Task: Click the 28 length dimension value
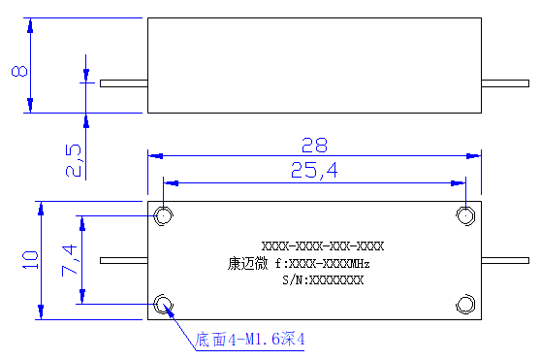[314, 145]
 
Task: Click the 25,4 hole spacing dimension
[314, 171]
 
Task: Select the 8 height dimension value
[19, 71]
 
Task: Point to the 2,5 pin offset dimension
[74, 161]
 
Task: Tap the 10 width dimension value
[30, 260]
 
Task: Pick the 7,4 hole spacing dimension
[70, 260]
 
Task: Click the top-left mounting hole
[163, 216]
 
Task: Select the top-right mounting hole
[465, 216]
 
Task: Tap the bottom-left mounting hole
[163, 305]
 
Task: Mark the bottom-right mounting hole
[465, 305]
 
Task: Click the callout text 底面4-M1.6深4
[250, 339]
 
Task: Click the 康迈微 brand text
[247, 264]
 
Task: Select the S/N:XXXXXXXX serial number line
[323, 279]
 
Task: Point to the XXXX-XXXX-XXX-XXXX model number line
[323, 246]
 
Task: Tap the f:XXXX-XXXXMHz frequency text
[323, 264]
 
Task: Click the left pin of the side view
[124, 83]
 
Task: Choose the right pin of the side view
[505, 83]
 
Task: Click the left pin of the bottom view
[124, 261]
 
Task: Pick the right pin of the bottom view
[505, 261]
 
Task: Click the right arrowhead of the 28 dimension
[473, 156]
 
